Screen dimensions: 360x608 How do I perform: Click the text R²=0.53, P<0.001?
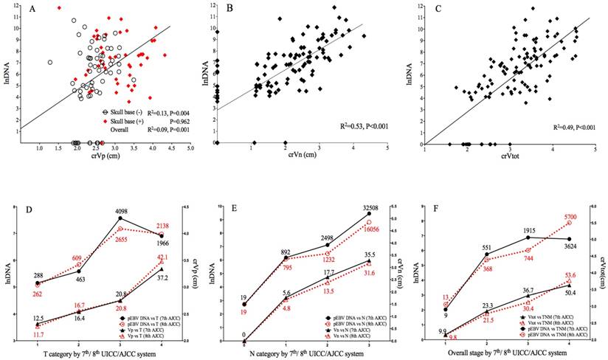click(x=353, y=127)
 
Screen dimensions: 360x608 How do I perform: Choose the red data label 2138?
click(x=162, y=225)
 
